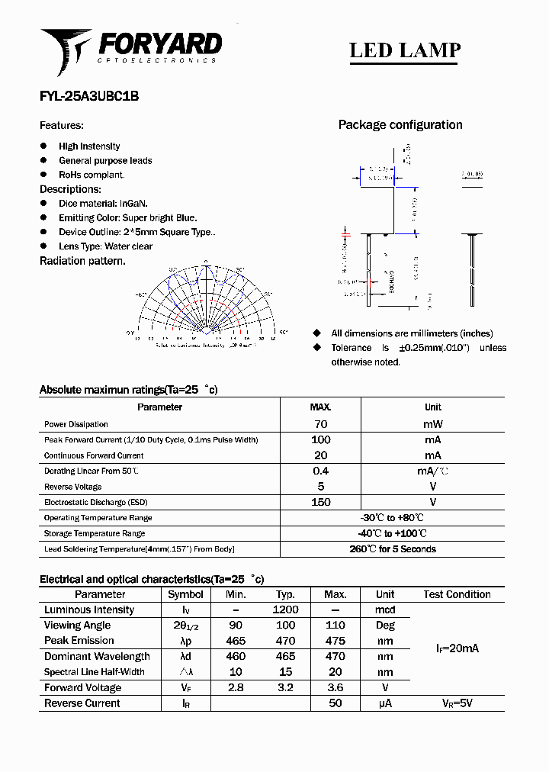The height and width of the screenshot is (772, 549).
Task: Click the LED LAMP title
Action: (x=404, y=50)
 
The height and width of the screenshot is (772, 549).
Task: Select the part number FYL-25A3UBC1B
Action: (x=88, y=97)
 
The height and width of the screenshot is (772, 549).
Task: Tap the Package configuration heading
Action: (x=400, y=125)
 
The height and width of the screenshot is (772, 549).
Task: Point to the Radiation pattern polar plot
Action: (x=204, y=301)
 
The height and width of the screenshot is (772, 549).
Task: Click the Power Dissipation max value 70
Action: (x=320, y=424)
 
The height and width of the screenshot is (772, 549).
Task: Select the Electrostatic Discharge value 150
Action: (x=320, y=502)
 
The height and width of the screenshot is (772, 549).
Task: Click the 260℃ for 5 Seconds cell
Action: (x=392, y=549)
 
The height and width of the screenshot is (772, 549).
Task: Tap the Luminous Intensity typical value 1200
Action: (x=285, y=610)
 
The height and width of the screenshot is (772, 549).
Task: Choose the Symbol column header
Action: (x=185, y=594)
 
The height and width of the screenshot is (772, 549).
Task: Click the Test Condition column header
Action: (x=457, y=594)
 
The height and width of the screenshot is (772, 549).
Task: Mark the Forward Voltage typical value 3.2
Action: (x=285, y=688)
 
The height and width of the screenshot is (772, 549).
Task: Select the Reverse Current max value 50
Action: (x=335, y=703)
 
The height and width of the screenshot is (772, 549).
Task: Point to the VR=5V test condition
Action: (x=457, y=703)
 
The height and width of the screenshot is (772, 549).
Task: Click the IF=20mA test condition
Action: (x=457, y=648)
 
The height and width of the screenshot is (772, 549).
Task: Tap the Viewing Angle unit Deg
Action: (x=385, y=626)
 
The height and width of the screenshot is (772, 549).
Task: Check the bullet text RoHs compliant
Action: (x=91, y=175)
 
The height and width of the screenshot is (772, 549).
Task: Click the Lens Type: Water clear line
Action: (x=105, y=246)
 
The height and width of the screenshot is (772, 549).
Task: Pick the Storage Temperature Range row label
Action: (x=95, y=533)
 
